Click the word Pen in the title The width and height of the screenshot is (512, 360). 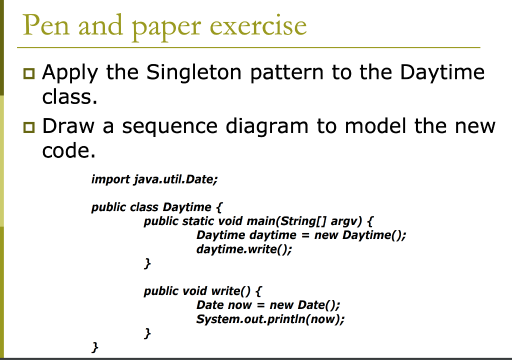pos(45,25)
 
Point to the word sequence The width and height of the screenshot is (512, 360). pos(170,126)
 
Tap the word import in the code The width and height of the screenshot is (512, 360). pos(110,179)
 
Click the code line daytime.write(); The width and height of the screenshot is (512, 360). pos(244,249)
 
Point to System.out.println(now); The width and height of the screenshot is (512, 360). pos(270,318)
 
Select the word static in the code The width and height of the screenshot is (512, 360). pos(198,220)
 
